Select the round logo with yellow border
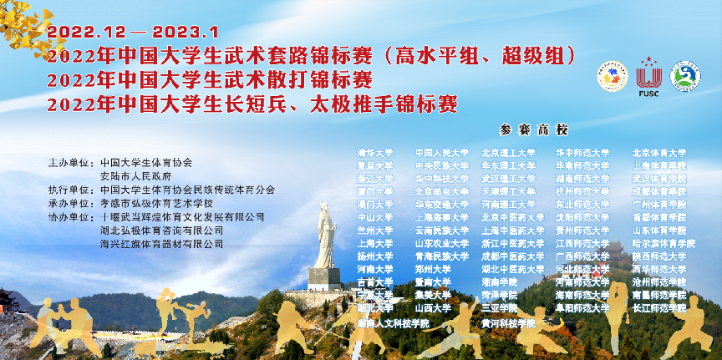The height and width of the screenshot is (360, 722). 612,76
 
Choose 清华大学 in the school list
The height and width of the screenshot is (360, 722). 374,153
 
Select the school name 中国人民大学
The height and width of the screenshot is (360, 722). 442,153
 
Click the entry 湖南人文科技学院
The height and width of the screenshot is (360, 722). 392,322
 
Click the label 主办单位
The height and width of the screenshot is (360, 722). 69,163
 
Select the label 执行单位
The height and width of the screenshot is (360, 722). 69,190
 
